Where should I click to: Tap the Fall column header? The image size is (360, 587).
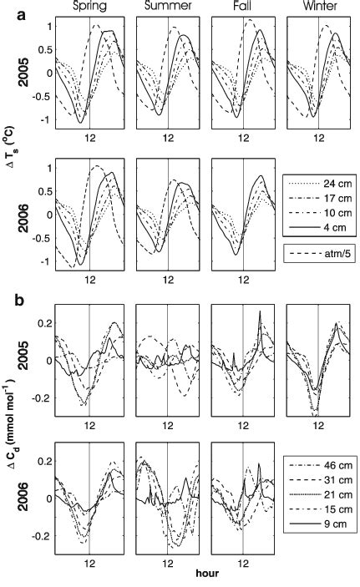coord(242,8)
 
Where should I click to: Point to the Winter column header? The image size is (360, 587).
coord(317,8)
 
